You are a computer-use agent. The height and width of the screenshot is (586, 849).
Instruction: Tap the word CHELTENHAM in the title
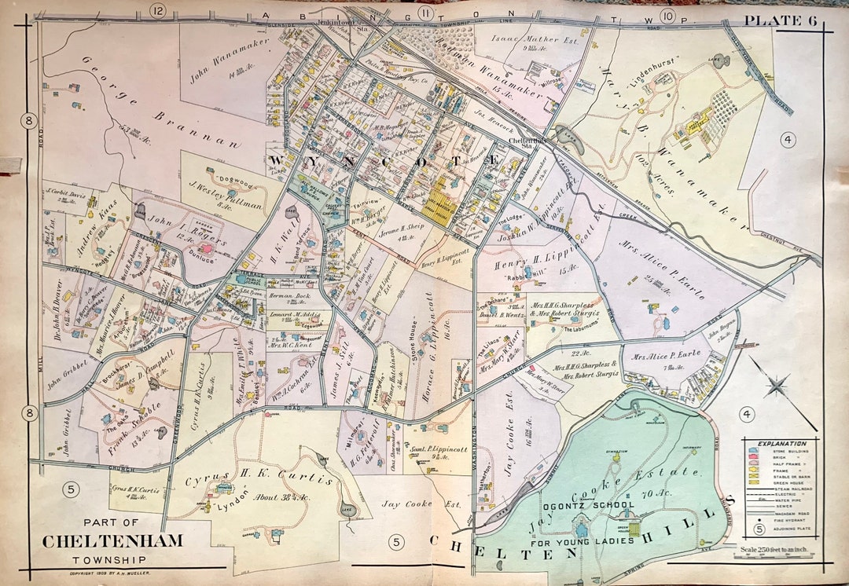click(x=112, y=541)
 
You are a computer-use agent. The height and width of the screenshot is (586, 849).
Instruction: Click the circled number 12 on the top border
click(x=159, y=11)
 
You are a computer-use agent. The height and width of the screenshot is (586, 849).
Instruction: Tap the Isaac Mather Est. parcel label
click(x=525, y=39)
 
